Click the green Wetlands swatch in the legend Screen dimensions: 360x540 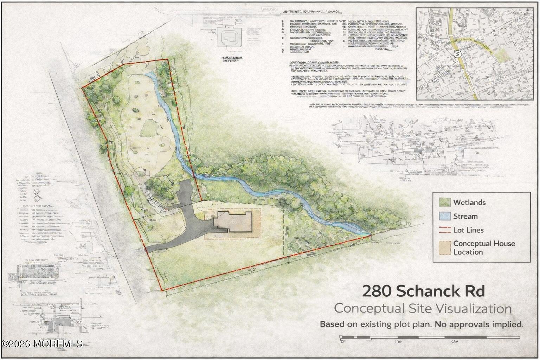(445, 202)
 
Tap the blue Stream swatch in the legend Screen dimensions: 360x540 (445, 216)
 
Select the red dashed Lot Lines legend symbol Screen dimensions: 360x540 (445, 230)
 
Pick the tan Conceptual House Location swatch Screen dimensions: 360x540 (445, 247)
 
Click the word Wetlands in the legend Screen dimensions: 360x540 (469, 202)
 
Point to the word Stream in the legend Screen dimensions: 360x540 (465, 217)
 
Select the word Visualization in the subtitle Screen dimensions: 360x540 (474, 309)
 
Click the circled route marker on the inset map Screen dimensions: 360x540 (457, 54)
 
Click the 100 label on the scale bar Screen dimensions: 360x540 (398, 342)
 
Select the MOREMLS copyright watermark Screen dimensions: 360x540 (42, 343)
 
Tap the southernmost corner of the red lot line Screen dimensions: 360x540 (162, 290)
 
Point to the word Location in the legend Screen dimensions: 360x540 (468, 252)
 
